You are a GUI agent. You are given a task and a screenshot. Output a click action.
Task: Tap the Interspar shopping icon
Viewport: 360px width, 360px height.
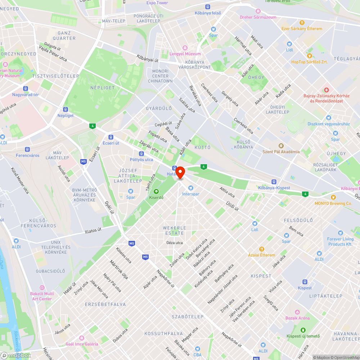coord(191,188)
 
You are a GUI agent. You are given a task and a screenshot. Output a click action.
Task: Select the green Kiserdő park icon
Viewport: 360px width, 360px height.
coord(156,191)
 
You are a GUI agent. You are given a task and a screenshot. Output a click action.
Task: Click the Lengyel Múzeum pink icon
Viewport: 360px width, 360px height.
coord(185,48)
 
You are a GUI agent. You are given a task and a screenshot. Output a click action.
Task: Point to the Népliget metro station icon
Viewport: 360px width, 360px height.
coord(66,109)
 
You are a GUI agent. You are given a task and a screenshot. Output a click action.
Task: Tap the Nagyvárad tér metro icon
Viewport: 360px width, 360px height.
coord(25,89)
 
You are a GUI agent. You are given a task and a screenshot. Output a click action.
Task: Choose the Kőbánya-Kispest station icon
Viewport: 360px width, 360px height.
coord(274,182)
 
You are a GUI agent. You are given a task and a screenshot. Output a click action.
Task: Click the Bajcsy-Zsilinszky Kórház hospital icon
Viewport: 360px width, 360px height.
coord(326,90)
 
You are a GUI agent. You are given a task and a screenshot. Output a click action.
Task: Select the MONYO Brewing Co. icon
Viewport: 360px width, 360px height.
coord(333,197)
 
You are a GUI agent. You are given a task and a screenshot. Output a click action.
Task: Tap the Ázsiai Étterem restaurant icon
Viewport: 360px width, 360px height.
coord(262,249)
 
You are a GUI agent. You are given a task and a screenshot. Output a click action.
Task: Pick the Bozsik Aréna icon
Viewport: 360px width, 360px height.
coord(297,312)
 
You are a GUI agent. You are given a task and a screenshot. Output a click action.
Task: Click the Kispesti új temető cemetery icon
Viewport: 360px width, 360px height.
coord(303,330)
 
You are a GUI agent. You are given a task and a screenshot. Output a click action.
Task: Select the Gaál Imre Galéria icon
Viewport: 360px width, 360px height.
coord(82,338)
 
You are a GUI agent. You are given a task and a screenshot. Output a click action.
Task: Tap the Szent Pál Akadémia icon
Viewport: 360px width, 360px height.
coord(281,145)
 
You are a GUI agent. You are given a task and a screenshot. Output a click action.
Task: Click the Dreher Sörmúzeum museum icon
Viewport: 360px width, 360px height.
coord(258,11)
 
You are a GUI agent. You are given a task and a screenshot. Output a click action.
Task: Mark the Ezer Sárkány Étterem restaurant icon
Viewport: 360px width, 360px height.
coord(302,22)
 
